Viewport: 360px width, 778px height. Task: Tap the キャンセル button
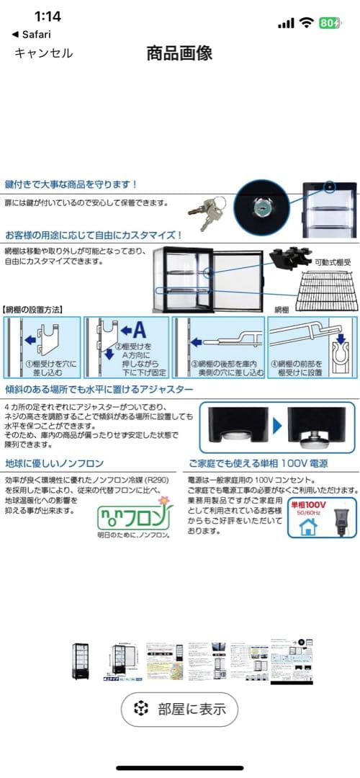click(44, 53)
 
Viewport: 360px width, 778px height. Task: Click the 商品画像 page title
click(179, 53)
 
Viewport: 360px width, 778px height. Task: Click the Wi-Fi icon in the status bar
click(307, 22)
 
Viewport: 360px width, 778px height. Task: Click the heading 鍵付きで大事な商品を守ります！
click(71, 184)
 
